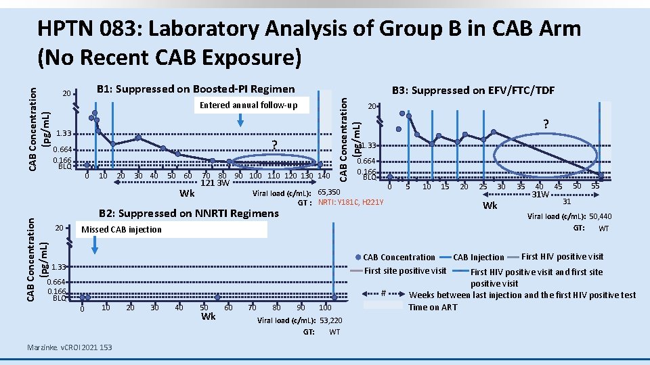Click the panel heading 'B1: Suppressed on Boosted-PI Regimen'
click(x=196, y=89)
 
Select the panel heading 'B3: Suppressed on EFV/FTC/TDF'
click(x=473, y=91)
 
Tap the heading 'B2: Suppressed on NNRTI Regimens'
click(x=189, y=214)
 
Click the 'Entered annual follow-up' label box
click(x=248, y=105)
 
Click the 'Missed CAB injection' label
click(x=121, y=229)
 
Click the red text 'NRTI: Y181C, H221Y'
click(x=351, y=202)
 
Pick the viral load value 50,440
click(x=600, y=217)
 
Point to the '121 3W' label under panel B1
click(x=216, y=183)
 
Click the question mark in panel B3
click(x=546, y=124)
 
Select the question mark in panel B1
click(x=274, y=144)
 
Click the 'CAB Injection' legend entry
click(x=478, y=257)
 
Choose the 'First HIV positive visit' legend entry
click(x=562, y=256)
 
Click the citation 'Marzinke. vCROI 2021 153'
click(x=69, y=347)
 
